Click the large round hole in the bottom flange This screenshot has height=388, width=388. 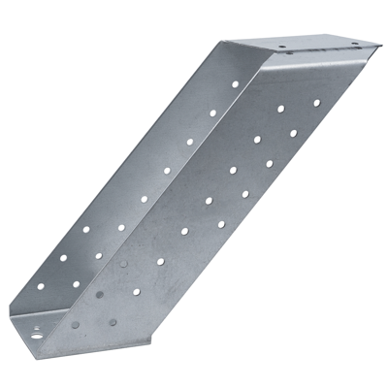39,332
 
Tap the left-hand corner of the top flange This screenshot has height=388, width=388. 224,42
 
